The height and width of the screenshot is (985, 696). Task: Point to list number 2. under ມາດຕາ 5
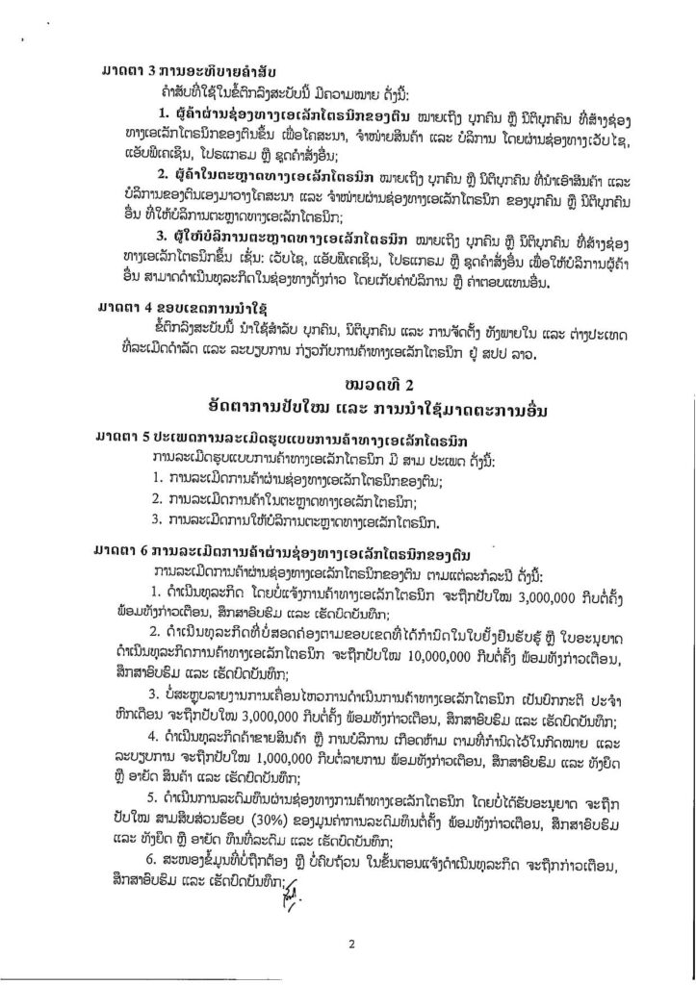tap(158, 498)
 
